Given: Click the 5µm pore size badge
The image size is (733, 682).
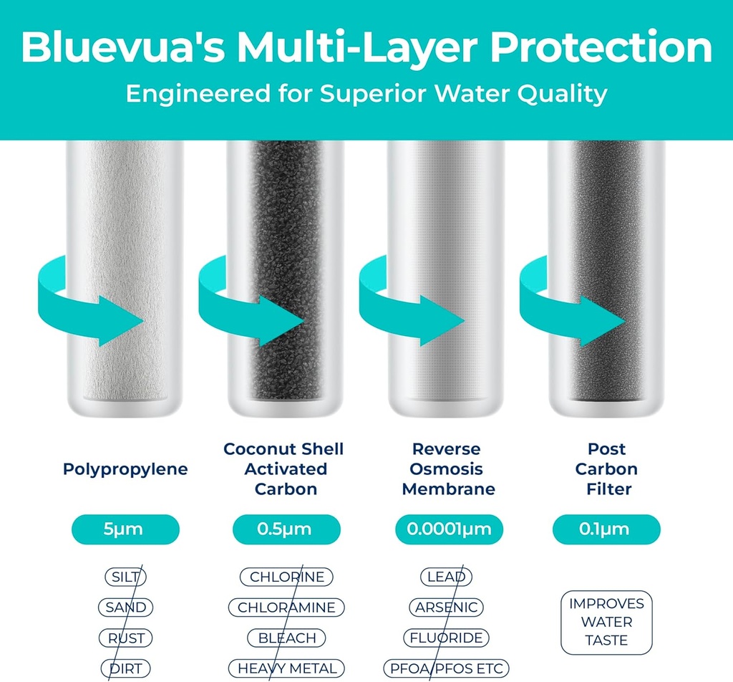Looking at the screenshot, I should [x=125, y=529].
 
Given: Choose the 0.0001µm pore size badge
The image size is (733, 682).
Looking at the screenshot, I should [x=449, y=529].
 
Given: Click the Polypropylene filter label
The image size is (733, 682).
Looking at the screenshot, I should [x=125, y=469].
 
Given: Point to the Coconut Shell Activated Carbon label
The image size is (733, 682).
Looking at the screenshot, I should [x=283, y=469].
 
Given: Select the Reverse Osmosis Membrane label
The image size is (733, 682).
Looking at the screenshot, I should [x=448, y=469].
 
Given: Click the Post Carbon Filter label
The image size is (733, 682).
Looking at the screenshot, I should [x=607, y=469].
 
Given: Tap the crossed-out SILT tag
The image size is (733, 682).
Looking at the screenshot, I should [x=125, y=577].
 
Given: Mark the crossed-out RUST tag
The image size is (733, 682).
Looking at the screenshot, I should [x=125, y=638].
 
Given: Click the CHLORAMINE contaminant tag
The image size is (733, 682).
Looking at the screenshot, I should [x=286, y=607].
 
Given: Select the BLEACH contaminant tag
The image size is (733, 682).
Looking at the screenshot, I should [x=286, y=638].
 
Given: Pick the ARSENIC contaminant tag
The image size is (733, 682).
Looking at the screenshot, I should [x=447, y=607].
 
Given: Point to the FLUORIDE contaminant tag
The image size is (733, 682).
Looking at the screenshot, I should [x=447, y=638].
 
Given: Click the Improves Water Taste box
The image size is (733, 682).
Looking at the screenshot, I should [x=607, y=622].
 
